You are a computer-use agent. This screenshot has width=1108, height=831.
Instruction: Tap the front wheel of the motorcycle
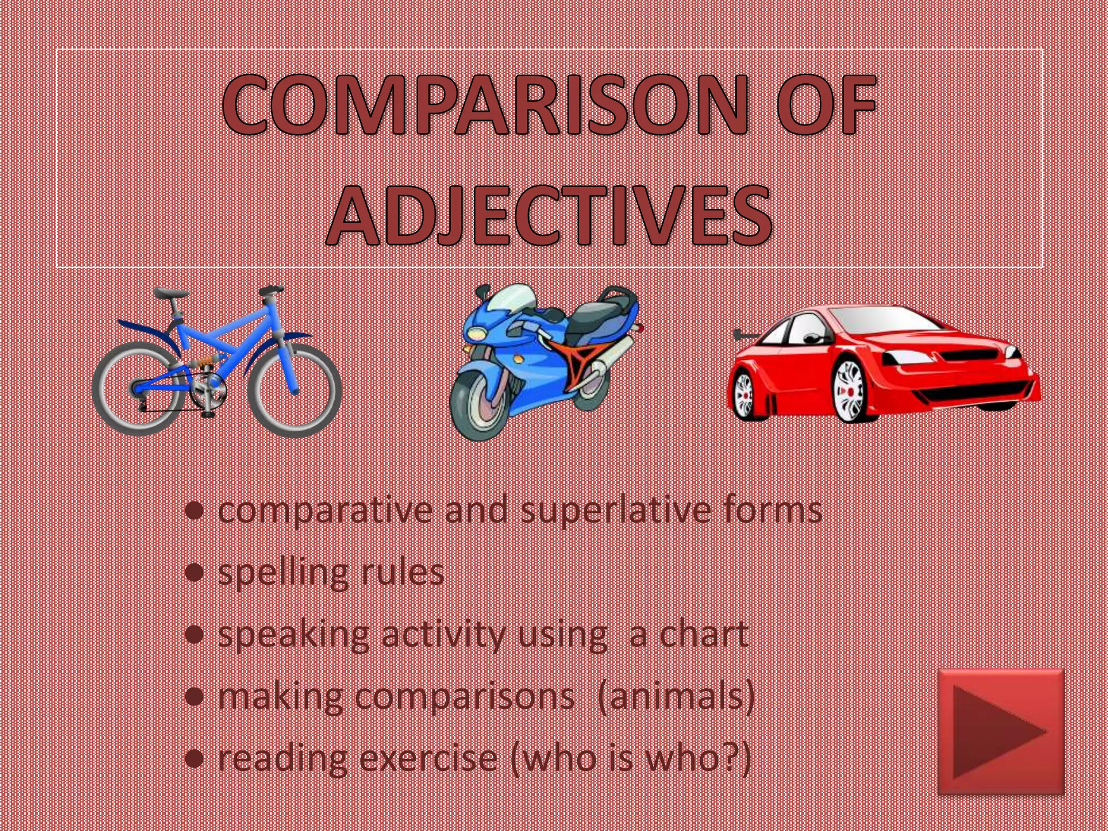click(x=479, y=403)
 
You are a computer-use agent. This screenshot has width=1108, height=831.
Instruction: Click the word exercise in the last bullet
click(x=428, y=758)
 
